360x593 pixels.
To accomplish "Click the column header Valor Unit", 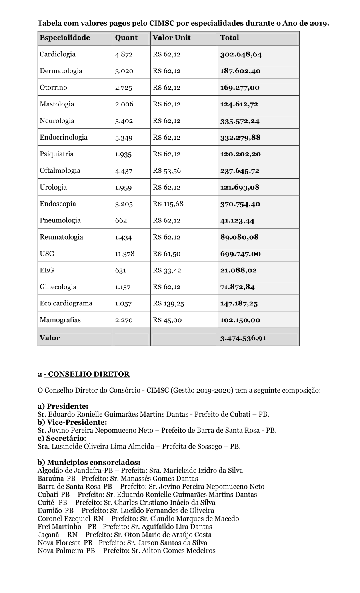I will tap(172, 38).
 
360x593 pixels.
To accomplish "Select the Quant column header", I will tap(126, 38).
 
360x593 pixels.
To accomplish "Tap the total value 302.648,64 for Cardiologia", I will tap(241, 54).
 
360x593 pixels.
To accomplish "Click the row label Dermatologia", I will tap(61, 71).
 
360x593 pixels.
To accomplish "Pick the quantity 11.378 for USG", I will tap(125, 254).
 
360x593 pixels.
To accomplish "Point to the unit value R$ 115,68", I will tap(168, 204).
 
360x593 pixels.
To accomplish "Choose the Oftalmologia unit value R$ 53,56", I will tap(167, 171).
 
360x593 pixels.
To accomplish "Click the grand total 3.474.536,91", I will tap(243, 338).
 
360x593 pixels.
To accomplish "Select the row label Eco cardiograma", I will tap(66, 303).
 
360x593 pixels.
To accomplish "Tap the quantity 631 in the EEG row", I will tap(120, 270).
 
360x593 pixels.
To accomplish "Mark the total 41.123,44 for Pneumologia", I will tap(237, 221).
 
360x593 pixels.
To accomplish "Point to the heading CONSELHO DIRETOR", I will tap(88, 375).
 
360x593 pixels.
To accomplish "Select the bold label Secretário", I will tap(62, 438).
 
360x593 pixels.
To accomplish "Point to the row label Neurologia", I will tap(57, 121).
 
